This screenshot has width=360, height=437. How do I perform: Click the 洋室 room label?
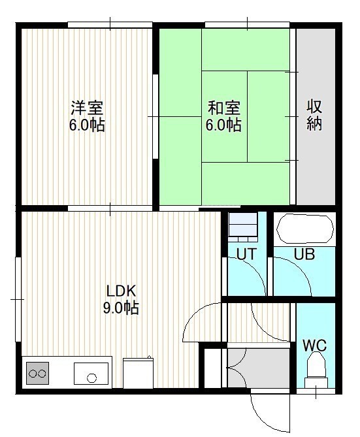click(x=87, y=108)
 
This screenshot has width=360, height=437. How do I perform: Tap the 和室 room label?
click(x=224, y=108)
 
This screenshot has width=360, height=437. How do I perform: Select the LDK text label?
click(x=122, y=291)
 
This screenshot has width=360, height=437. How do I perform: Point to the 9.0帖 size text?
click(x=121, y=308)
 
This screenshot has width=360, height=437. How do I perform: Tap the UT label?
click(x=246, y=254)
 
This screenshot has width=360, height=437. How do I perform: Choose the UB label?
click(x=304, y=254)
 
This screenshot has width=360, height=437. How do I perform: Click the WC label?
click(x=314, y=346)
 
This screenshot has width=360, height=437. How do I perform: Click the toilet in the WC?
click(x=316, y=370)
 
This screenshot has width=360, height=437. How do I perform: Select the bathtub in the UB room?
click(x=304, y=229)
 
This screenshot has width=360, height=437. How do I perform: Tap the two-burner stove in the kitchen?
click(x=38, y=374)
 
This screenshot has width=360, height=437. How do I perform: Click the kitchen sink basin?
click(x=91, y=374)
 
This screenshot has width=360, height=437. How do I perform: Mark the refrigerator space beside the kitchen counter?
click(x=139, y=374)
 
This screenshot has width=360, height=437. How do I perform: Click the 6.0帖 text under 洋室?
click(x=87, y=125)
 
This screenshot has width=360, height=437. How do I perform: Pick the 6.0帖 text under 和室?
click(x=223, y=125)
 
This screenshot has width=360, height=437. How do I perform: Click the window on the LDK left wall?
click(x=18, y=299)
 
